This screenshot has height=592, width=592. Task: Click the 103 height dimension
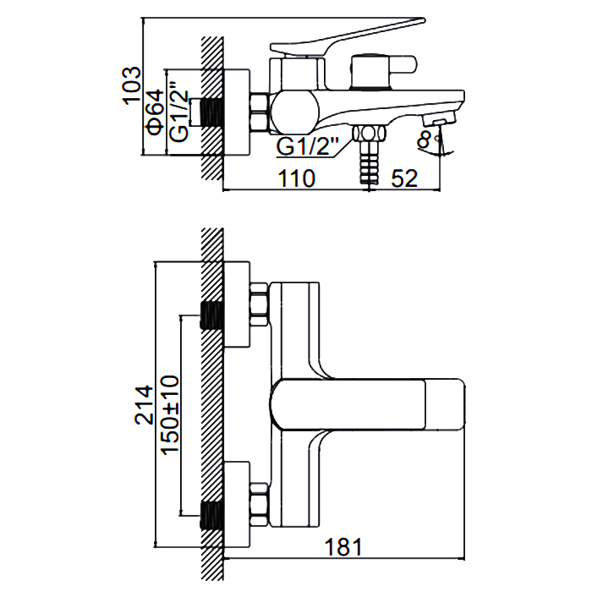[131, 85]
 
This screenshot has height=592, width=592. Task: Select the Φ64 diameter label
[156, 112]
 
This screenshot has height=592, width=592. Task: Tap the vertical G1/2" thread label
[178, 112]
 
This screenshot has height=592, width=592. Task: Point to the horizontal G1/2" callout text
[308, 146]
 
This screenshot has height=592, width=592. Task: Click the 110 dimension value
[296, 178]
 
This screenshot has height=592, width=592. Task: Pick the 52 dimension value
[404, 178]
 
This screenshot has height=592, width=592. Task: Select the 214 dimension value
[145, 405]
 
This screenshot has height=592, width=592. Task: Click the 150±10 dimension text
[169, 415]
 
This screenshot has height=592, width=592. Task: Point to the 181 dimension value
[343, 547]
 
